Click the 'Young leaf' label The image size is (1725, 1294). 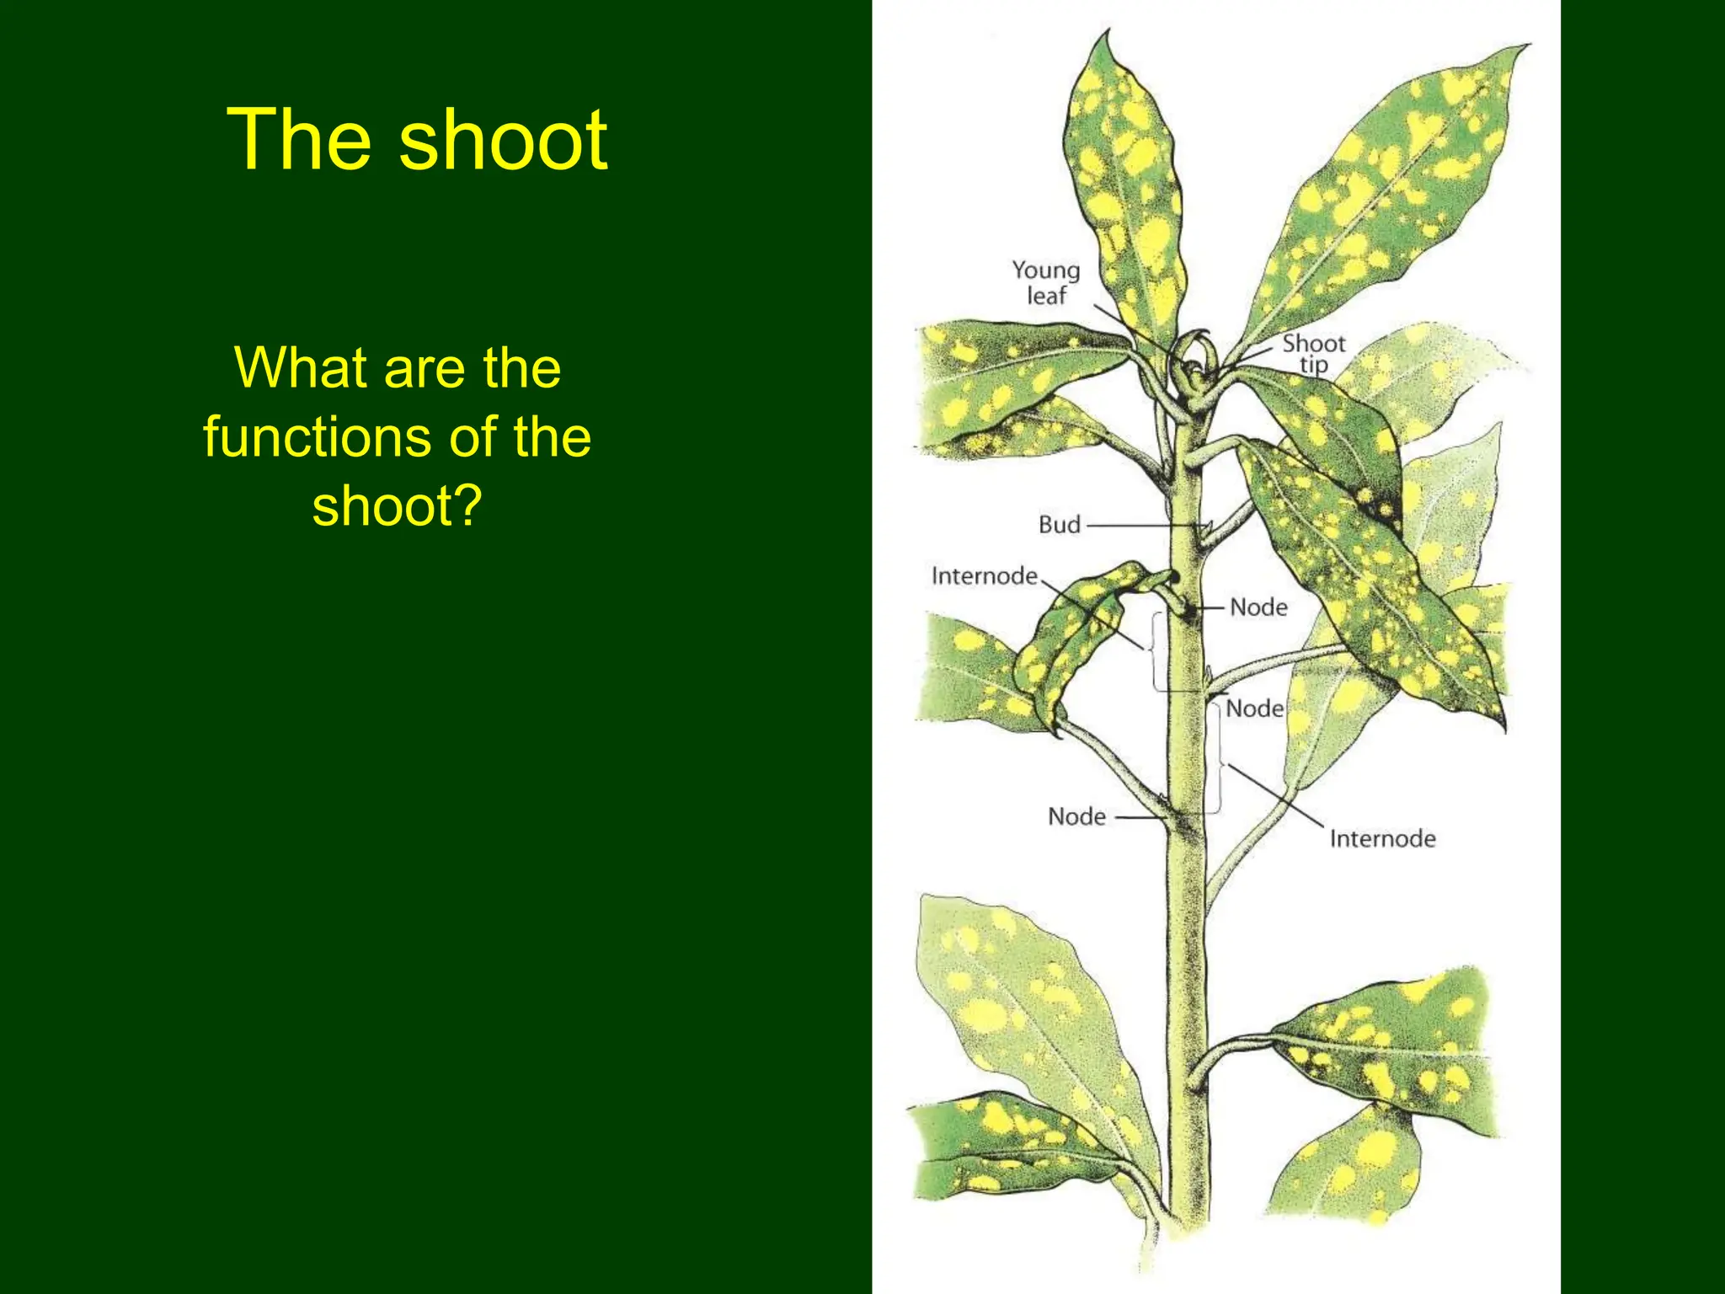(x=1045, y=282)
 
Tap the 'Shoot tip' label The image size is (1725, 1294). (x=1313, y=354)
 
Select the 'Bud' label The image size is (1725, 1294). (x=1059, y=525)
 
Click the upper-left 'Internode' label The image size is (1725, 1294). (x=984, y=576)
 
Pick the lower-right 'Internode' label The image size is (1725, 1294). (x=1382, y=838)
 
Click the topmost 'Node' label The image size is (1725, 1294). (x=1258, y=607)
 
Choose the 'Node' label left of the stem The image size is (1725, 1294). (x=1076, y=816)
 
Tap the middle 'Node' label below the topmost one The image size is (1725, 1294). (x=1254, y=708)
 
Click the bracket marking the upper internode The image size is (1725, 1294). (x=1156, y=653)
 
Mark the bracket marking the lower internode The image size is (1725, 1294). (x=1219, y=758)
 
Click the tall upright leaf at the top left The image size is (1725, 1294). (x=1124, y=185)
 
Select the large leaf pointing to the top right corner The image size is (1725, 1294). (x=1381, y=194)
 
